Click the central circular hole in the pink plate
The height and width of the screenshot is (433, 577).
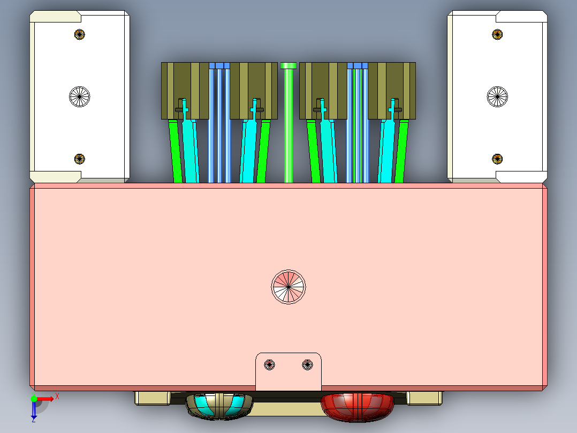288,287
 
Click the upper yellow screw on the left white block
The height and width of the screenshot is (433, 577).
79,34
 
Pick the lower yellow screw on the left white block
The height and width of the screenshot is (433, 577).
79,159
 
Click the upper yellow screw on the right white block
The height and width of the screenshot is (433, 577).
497,34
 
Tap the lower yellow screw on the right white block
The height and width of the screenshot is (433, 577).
497,159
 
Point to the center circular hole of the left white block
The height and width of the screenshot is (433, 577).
79,96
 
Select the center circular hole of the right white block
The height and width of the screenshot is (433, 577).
497,96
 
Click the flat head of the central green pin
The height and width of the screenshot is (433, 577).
288,65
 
